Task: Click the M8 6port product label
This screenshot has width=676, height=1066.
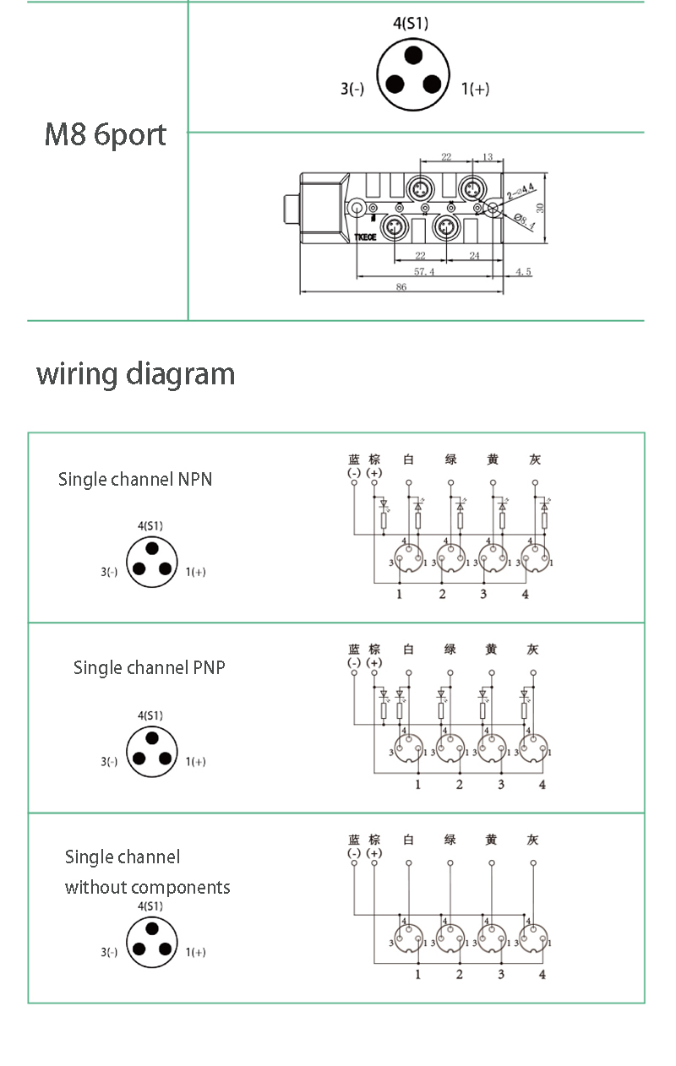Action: (105, 135)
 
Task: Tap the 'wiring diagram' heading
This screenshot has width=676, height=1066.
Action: (135, 373)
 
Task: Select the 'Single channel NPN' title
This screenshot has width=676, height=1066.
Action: (135, 479)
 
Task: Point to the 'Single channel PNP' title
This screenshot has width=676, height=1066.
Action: (149, 667)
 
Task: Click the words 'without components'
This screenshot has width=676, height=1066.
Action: (147, 887)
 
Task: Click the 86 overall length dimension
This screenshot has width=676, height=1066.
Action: (401, 287)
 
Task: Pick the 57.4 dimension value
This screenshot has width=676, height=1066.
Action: (423, 271)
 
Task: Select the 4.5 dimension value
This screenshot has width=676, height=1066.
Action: (523, 271)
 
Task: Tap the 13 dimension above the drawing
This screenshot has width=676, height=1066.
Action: (487, 157)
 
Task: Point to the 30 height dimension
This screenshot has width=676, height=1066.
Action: (539, 207)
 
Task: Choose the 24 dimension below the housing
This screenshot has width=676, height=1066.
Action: (474, 255)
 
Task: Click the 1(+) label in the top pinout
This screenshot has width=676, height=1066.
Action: (475, 88)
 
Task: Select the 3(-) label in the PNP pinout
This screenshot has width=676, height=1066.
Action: (109, 761)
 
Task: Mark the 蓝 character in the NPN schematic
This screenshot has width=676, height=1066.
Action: (354, 460)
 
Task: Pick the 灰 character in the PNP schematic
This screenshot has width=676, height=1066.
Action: (532, 650)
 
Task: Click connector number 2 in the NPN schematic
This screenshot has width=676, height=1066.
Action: (442, 595)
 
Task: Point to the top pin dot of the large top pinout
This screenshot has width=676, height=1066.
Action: (412, 56)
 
